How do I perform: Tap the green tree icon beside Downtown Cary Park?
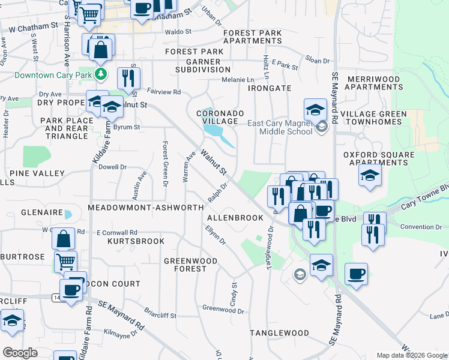(x=101, y=74)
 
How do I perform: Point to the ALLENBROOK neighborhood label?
(x=235, y=218)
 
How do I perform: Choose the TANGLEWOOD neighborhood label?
(x=279, y=332)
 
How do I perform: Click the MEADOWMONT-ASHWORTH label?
(x=146, y=207)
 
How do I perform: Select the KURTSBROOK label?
(x=136, y=241)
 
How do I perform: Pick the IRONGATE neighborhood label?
(x=270, y=88)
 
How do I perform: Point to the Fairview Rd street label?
(x=164, y=92)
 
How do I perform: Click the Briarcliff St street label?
(x=160, y=313)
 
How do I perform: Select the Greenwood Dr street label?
(x=223, y=310)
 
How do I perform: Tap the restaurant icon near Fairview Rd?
(x=128, y=78)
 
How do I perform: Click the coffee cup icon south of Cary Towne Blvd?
(x=356, y=274)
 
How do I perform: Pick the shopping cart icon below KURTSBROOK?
(x=65, y=262)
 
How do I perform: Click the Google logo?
(x=20, y=353)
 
